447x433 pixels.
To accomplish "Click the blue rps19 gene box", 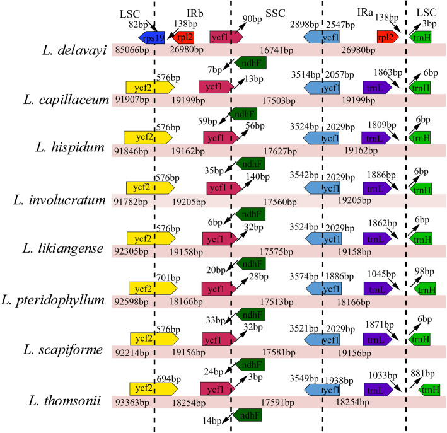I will tap(151, 37).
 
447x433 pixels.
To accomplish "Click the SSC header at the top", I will tap(275, 14).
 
